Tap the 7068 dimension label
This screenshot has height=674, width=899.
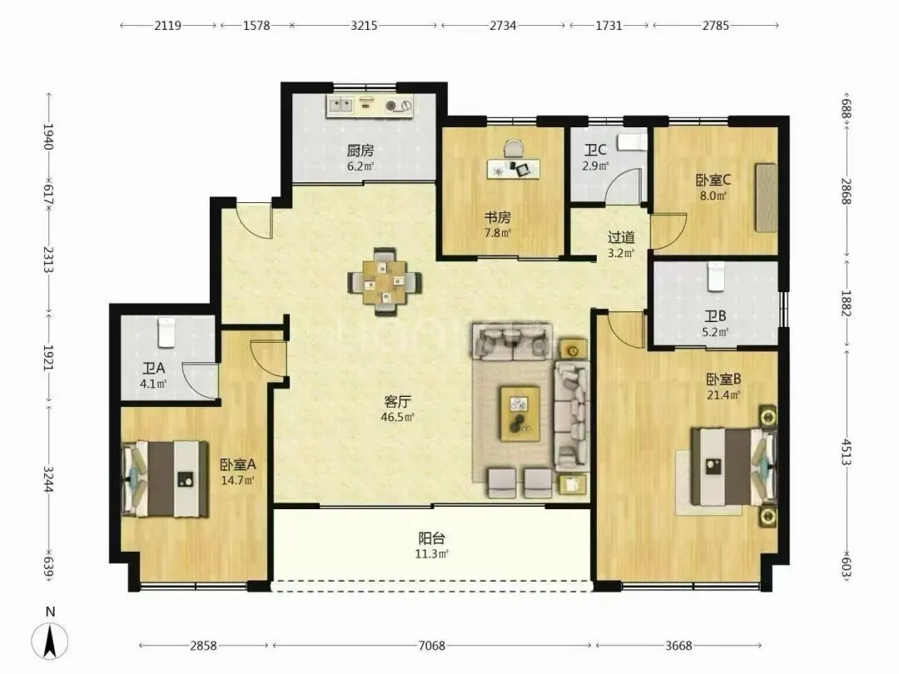point(431,646)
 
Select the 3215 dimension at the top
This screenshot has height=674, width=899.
point(364,25)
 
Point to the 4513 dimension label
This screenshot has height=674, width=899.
point(847,452)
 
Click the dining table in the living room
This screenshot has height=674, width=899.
point(385,281)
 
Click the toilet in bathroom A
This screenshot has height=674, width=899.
point(166,332)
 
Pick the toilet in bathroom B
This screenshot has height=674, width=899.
point(716,277)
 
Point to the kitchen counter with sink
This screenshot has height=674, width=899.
point(370,106)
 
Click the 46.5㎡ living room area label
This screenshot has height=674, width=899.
point(397,417)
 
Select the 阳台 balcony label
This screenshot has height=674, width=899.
point(432,538)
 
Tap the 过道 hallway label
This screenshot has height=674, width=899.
point(621,236)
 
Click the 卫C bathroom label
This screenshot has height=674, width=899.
point(595,150)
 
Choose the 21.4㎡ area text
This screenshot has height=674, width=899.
point(723,394)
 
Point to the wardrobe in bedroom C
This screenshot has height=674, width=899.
point(766,198)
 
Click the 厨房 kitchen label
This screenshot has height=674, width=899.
point(360,151)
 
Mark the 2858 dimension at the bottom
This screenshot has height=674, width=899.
point(204,646)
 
